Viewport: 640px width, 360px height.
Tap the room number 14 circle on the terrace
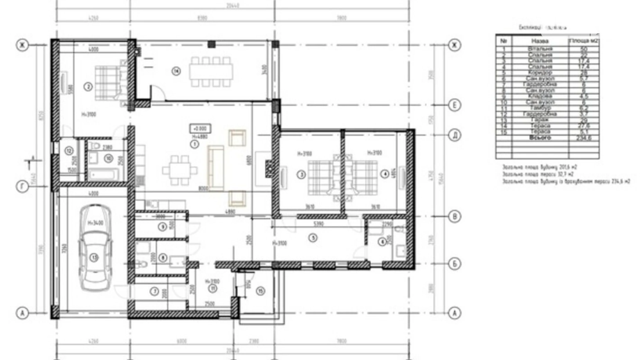click(x=176, y=71)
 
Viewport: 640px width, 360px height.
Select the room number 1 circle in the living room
click(x=195, y=144)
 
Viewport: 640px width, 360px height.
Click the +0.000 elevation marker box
click(x=200, y=128)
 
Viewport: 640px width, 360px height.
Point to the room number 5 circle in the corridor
click(x=313, y=238)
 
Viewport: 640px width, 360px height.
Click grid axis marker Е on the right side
click(x=455, y=105)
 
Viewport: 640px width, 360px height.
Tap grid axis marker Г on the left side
click(x=22, y=187)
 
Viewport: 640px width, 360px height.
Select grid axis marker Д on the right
click(x=455, y=135)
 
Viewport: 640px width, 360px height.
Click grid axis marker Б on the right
click(x=455, y=264)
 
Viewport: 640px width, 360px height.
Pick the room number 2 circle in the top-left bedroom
click(x=88, y=87)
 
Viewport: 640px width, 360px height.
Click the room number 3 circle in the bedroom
click(x=301, y=175)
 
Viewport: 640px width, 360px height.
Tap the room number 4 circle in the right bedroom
click(x=385, y=174)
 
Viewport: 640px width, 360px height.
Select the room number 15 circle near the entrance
click(x=260, y=291)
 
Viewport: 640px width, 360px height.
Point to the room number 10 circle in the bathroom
click(x=109, y=159)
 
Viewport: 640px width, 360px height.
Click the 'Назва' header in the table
click(x=540, y=41)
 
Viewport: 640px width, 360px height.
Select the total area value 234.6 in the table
click(x=584, y=138)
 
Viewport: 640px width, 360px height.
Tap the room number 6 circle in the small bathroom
click(x=382, y=242)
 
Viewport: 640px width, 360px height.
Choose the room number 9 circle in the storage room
click(x=162, y=227)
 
